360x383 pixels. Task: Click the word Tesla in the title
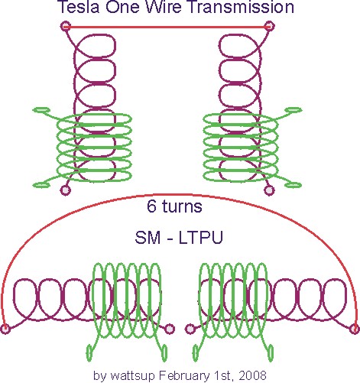tap(78, 7)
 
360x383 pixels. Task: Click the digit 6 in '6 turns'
tap(151, 206)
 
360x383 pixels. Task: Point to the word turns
tap(182, 206)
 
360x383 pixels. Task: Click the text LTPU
tap(201, 238)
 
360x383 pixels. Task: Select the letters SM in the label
tap(148, 238)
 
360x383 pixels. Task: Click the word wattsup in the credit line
tap(133, 375)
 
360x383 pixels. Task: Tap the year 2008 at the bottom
tap(253, 375)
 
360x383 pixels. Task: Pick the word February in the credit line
tap(184, 375)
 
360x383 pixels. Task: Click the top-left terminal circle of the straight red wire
tap(66, 26)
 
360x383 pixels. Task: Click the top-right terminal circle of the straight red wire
tap(269, 26)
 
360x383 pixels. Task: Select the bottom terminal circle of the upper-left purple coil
tap(66, 190)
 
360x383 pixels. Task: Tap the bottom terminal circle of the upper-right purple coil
tap(269, 190)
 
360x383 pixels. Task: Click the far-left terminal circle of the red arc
tap(5, 329)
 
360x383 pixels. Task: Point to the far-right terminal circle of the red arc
tap(355, 329)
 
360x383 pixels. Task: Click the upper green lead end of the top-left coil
tap(41, 110)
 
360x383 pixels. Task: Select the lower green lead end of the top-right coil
tap(294, 185)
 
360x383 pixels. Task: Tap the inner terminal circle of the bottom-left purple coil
tap(170, 329)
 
